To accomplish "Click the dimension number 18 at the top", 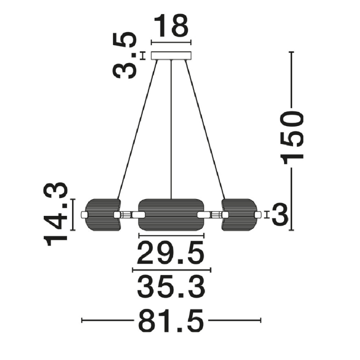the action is point(171,25).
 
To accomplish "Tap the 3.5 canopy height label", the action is point(125,55).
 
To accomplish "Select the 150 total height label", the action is point(292,138).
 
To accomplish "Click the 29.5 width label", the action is point(170,253).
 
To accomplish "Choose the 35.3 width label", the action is point(171,287).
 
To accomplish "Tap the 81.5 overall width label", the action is point(171,320).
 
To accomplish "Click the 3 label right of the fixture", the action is point(280,214).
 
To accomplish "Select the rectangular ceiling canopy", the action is point(171,55).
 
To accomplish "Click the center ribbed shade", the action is point(171,215).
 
